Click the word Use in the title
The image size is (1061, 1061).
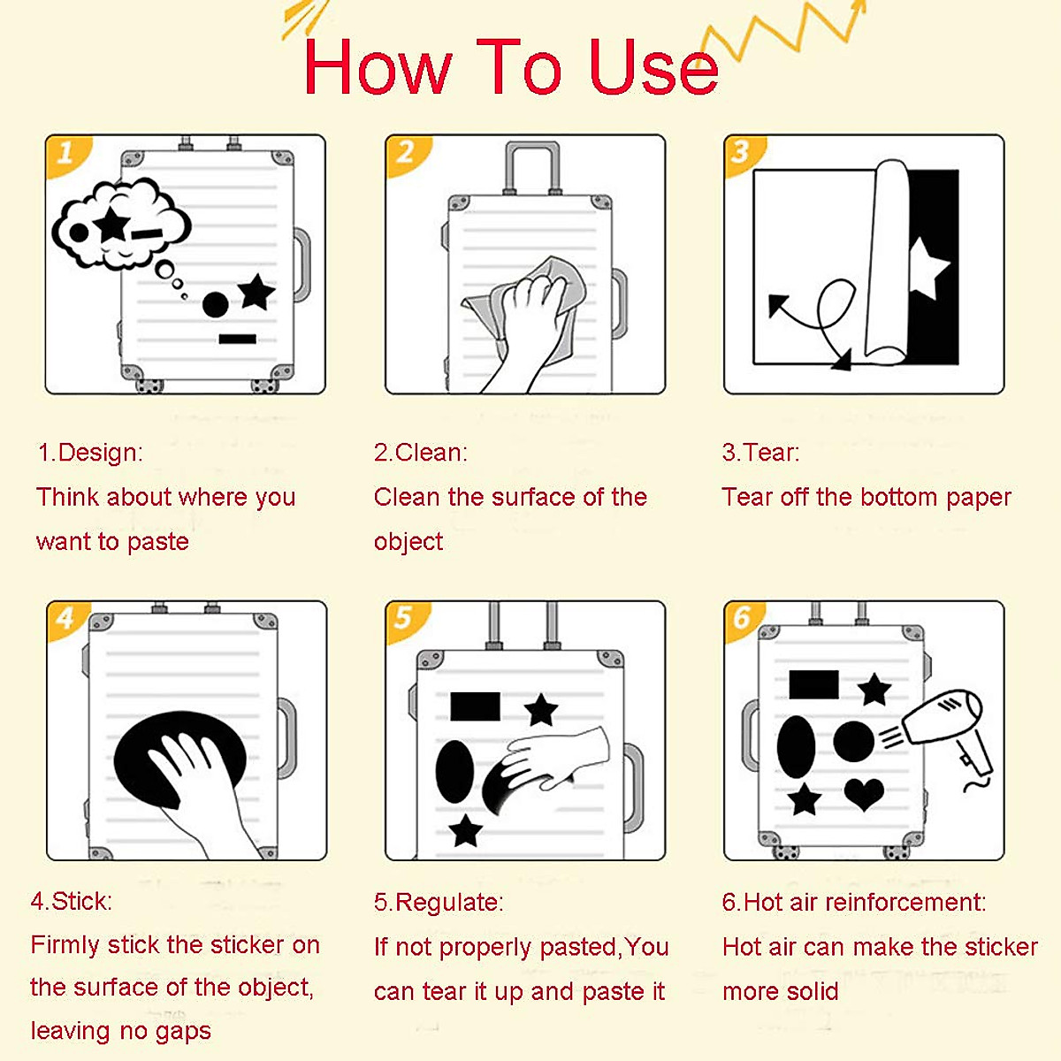(653, 67)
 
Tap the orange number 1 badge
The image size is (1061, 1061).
(67, 155)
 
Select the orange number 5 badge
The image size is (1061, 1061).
(406, 620)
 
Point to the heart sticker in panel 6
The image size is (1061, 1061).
(864, 793)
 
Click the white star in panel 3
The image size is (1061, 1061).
(928, 268)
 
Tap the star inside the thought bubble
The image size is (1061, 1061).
(112, 224)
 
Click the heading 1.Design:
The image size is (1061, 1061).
(90, 453)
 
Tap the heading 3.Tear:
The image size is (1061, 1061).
(760, 453)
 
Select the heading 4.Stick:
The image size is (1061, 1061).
(72, 902)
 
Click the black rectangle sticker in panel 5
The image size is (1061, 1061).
(475, 706)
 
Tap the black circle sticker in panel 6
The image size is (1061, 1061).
(853, 741)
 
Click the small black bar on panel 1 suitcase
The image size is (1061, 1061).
(237, 339)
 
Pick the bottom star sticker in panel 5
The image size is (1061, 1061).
(466, 830)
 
